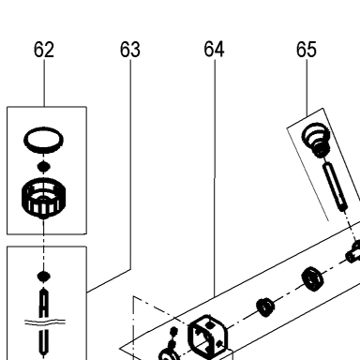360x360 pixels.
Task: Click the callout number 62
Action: click(44, 50)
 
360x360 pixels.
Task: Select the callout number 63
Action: click(130, 50)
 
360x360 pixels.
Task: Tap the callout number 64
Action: click(214, 50)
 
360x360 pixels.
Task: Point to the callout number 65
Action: click(307, 50)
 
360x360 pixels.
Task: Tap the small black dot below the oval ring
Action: click(44, 166)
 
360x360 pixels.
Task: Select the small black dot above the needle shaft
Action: click(44, 276)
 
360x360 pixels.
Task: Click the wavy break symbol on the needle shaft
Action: click(45, 322)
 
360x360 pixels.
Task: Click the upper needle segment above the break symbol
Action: click(44, 302)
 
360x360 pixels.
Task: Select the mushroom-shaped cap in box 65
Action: click(316, 140)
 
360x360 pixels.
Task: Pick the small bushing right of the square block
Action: click(265, 307)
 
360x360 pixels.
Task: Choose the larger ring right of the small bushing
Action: click(312, 278)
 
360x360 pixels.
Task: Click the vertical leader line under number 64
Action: click(215, 178)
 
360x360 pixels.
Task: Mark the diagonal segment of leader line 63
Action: click(109, 280)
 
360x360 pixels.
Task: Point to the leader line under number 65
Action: click(307, 88)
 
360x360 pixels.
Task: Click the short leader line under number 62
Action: click(44, 83)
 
